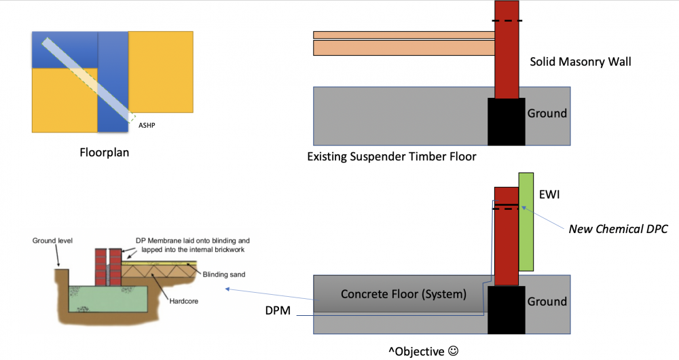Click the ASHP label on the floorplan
(x=147, y=125)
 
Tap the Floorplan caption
(x=105, y=153)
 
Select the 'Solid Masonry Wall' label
(x=581, y=62)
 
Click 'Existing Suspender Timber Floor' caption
(x=392, y=156)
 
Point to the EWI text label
(x=549, y=194)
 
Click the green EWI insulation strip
(x=526, y=222)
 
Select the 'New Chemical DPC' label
(x=618, y=229)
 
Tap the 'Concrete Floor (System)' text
(x=403, y=294)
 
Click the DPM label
(x=278, y=310)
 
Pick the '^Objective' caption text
(x=416, y=351)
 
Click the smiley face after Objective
(x=453, y=350)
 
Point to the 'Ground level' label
(x=52, y=240)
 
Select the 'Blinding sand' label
(x=224, y=274)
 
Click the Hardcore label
(x=183, y=301)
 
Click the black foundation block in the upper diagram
(x=507, y=122)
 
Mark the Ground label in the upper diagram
(x=547, y=113)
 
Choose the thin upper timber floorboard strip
(x=404, y=35)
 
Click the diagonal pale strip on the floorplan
(x=89, y=79)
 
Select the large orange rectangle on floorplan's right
(x=161, y=72)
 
